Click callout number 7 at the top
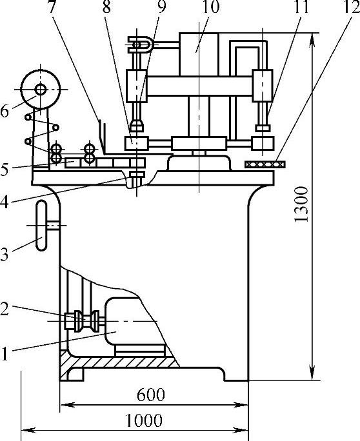click(51, 6)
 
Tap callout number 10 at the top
click(210, 6)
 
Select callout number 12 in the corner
click(351, 6)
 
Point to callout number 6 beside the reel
click(5, 111)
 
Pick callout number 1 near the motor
click(4, 354)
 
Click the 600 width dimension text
click(150, 395)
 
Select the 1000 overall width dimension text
click(144, 420)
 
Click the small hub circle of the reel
click(41, 90)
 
